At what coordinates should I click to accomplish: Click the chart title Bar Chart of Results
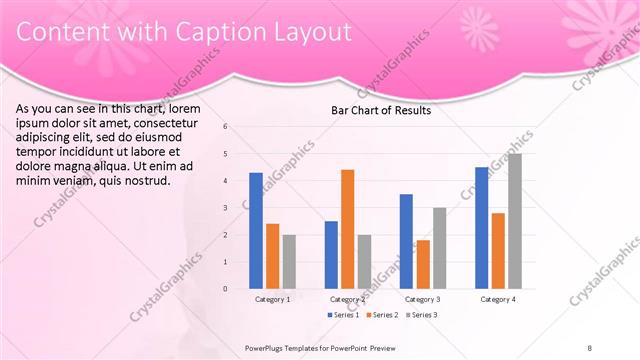[x=381, y=111]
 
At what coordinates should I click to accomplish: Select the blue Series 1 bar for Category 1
[x=256, y=231]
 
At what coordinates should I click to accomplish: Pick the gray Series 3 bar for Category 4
[x=514, y=221]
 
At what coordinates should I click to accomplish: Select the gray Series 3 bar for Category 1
[x=289, y=262]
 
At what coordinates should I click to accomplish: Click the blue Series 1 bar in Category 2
[x=331, y=255]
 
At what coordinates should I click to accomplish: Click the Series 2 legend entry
[x=383, y=315]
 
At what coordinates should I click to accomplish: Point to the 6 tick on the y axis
[x=226, y=127]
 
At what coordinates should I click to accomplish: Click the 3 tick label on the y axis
[x=226, y=208]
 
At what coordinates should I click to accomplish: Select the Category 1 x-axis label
[x=272, y=299]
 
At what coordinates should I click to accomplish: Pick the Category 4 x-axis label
[x=498, y=299]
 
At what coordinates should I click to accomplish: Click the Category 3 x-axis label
[x=423, y=299]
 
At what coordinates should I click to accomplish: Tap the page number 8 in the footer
[x=590, y=348]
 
